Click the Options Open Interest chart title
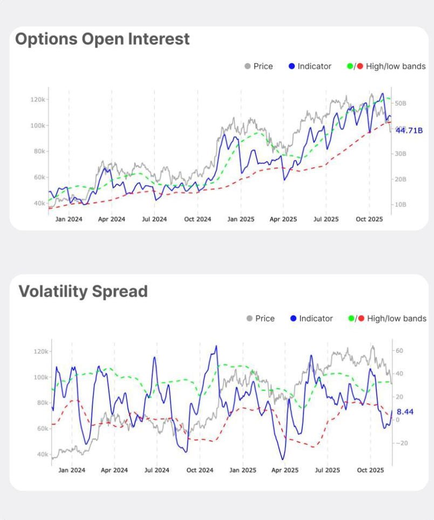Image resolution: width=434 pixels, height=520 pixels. coord(103,39)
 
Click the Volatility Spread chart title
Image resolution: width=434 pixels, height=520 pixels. coord(83,291)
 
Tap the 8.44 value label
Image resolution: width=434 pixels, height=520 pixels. coord(405,412)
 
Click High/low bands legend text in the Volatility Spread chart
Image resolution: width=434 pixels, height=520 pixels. coord(396,318)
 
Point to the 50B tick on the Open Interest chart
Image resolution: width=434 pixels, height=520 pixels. coord(401,103)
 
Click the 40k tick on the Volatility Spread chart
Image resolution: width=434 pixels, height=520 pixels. coord(39,454)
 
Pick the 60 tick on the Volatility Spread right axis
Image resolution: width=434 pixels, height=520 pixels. coord(400,351)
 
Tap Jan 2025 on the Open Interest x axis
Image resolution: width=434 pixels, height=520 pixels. coord(241,219)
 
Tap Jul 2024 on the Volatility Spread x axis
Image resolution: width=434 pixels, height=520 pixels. coord(157,470)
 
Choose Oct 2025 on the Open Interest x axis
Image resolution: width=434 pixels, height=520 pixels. coord(369,219)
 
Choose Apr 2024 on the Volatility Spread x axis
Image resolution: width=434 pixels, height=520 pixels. coord(114,470)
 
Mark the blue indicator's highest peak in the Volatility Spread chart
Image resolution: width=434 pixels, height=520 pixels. coord(216,346)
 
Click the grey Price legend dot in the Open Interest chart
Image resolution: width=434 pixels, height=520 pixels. coord(247,66)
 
